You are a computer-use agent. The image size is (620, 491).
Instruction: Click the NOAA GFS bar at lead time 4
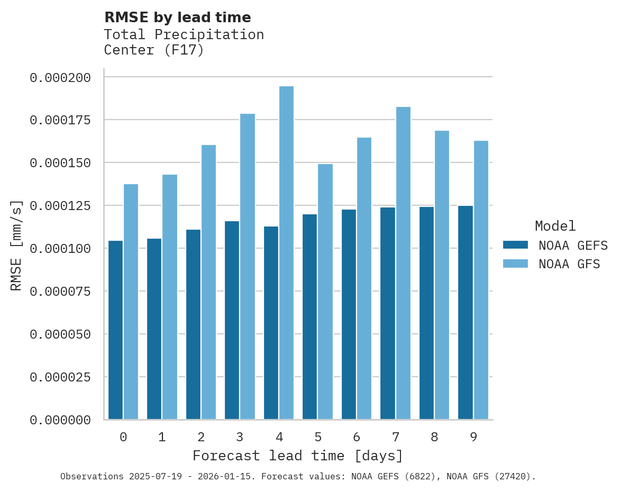[x=286, y=253]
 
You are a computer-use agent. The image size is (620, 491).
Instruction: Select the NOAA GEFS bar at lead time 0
[x=115, y=330]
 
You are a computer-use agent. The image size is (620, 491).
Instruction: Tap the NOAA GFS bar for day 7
[x=403, y=263]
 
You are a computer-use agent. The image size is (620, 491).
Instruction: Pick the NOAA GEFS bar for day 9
[x=466, y=313]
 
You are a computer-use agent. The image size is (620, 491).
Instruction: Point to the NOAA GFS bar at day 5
[x=325, y=292]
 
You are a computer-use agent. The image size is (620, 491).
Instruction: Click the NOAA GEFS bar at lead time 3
[x=232, y=320]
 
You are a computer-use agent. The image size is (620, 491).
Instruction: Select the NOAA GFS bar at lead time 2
[x=208, y=282]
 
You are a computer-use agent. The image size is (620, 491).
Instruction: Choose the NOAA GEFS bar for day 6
[x=349, y=314]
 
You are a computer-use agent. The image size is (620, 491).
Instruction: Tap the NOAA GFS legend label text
[x=569, y=264]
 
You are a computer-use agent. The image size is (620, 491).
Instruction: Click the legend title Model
[x=555, y=226]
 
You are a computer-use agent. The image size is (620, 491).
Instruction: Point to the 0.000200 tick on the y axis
[x=60, y=78]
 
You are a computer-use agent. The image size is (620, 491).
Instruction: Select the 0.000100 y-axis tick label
[x=60, y=249]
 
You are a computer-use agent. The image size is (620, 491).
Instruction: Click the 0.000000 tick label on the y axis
[x=60, y=420]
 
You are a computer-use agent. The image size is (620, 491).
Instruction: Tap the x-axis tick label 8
[x=434, y=437]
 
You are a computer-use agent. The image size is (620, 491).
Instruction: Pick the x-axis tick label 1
[x=162, y=437]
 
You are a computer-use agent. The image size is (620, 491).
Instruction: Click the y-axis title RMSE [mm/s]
[x=17, y=245]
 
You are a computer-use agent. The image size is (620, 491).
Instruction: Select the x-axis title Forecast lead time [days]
[x=298, y=456]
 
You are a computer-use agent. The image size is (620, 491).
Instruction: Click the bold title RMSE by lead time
[x=177, y=17]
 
